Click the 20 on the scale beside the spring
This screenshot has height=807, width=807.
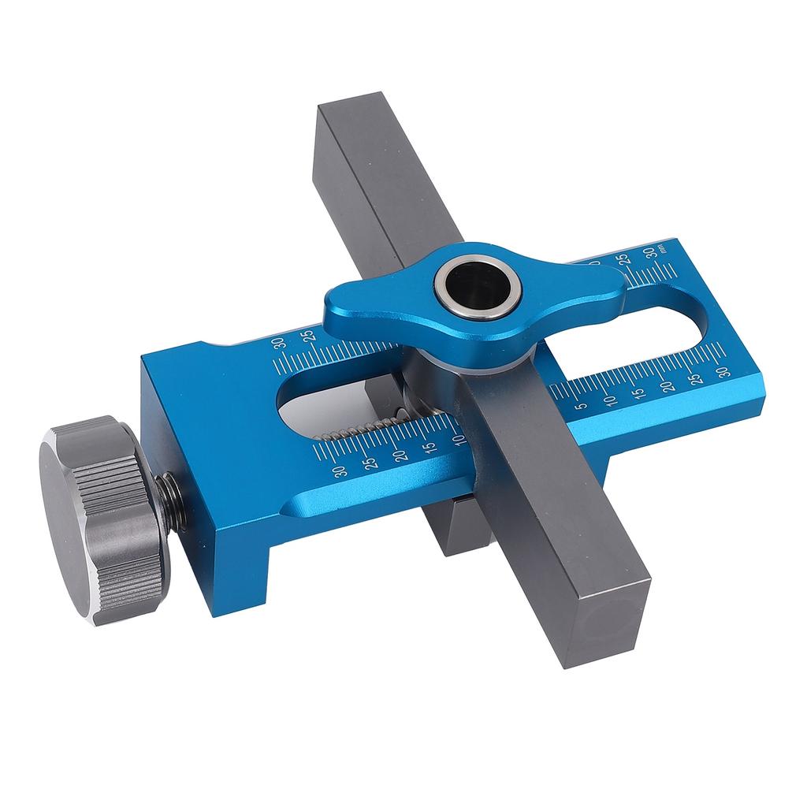coord(400,455)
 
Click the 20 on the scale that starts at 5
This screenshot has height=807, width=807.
coord(668,385)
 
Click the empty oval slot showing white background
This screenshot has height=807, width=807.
coord(630,331)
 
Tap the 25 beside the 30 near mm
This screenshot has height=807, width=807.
coord(623,260)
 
